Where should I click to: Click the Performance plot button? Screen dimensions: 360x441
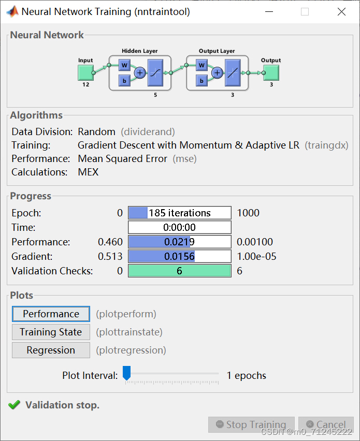[51, 314]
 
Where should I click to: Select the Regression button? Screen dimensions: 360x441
[51, 350]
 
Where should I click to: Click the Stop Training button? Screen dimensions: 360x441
[251, 425]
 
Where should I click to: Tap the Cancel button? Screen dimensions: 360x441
[326, 425]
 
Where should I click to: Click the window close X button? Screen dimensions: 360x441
[341, 12]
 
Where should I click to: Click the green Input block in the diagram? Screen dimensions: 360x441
[85, 72]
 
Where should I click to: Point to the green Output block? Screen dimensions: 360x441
[270, 72]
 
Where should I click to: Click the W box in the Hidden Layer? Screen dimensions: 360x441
[124, 65]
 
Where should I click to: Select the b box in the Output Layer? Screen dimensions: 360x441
[202, 80]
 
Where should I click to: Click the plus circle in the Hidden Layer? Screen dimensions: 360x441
[140, 73]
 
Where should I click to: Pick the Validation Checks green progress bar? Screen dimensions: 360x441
[179, 271]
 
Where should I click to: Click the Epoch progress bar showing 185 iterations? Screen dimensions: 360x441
[179, 213]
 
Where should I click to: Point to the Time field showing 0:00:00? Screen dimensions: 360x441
[179, 227]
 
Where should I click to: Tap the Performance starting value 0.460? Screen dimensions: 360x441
[110, 242]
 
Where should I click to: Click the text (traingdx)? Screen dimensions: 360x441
[326, 145]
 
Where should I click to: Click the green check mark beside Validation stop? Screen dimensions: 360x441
[15, 405]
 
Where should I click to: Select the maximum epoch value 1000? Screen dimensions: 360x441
[248, 213]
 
